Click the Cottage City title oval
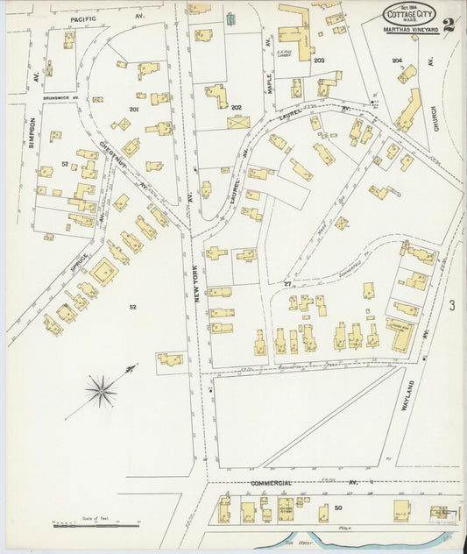pos(410,16)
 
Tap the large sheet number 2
pos(449,23)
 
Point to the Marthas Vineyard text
pos(410,32)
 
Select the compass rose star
pos(102,390)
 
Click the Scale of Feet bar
pos(96,525)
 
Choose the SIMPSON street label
pos(32,133)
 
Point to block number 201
pos(134,110)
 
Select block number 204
pos(398,60)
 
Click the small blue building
pos(230,18)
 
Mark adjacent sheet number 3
pos(452,305)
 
